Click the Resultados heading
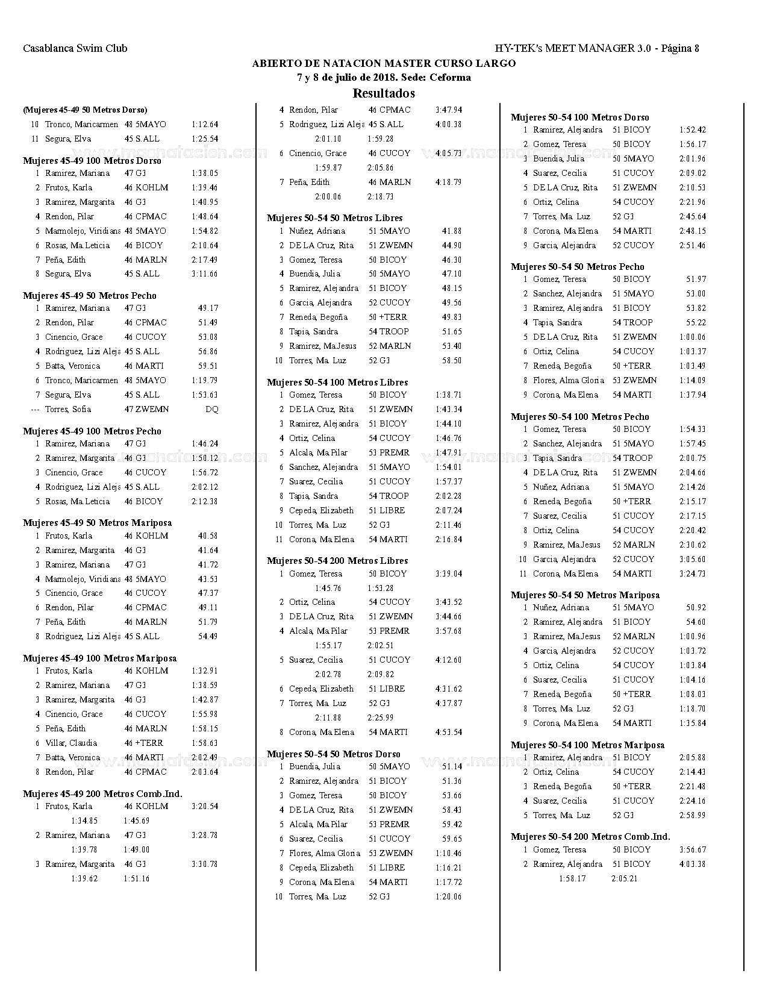pyautogui.click(x=384, y=93)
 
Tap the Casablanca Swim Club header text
pyautogui.click(x=75, y=48)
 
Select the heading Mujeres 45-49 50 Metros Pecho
pyautogui.click(x=90, y=296)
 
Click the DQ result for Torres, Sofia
pyautogui.click(x=211, y=409)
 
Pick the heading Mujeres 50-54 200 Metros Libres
pyautogui.click(x=337, y=561)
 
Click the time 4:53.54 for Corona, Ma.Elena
pyautogui.click(x=448, y=732)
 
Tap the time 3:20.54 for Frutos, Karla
pyautogui.click(x=205, y=806)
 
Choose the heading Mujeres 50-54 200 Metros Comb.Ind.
pyautogui.click(x=590, y=837)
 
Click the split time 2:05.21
pyautogui.click(x=624, y=878)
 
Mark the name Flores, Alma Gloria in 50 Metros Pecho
pyautogui.click(x=568, y=380)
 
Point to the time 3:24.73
pyautogui.click(x=692, y=574)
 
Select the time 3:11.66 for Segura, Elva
pyautogui.click(x=205, y=274)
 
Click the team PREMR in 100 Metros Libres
pyautogui.click(x=394, y=452)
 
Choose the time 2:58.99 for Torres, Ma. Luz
pyautogui.click(x=692, y=815)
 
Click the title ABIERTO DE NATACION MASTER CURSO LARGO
pyautogui.click(x=384, y=63)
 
